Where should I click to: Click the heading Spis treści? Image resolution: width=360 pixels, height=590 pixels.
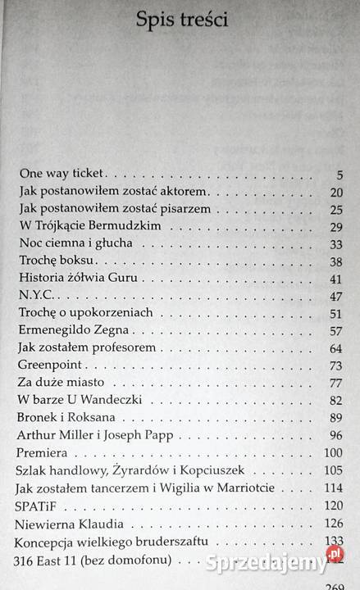(x=182, y=21)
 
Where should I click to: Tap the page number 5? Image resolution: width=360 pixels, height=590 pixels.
(x=338, y=174)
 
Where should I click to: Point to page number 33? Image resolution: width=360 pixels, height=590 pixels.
(x=335, y=244)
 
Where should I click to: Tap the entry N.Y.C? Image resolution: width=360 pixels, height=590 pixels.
(x=36, y=296)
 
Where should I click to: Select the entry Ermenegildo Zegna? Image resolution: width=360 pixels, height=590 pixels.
(x=74, y=331)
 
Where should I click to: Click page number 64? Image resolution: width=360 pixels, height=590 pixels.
(x=335, y=348)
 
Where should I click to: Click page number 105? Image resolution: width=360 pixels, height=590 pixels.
(x=331, y=470)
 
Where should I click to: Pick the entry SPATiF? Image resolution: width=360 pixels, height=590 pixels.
(x=39, y=505)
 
